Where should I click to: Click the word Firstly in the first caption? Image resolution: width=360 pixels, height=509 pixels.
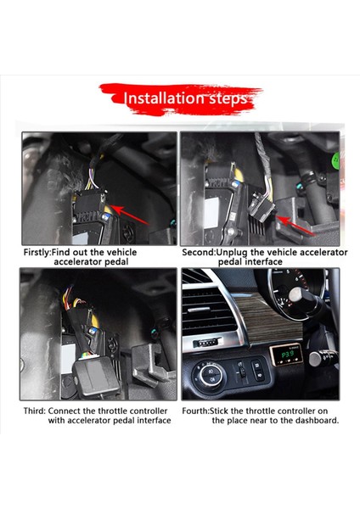point(39,252)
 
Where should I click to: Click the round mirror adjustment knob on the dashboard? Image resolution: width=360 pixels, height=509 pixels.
point(211,372)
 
